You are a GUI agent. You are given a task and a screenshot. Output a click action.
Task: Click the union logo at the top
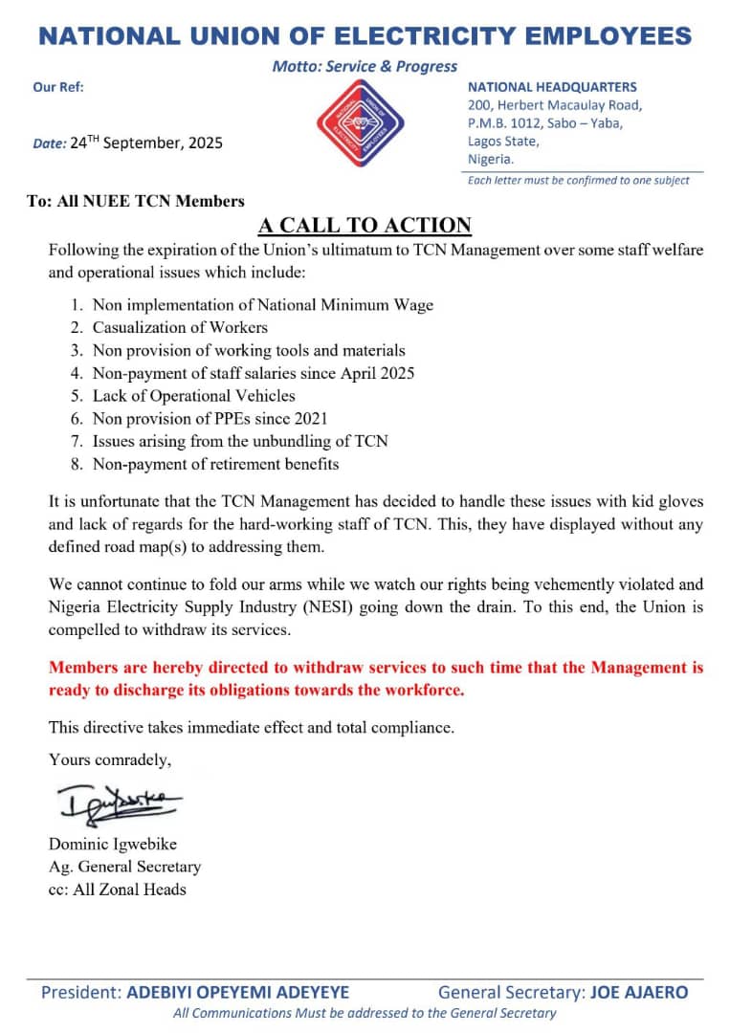(360, 122)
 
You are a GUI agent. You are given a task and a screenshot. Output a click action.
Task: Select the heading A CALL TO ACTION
(365, 226)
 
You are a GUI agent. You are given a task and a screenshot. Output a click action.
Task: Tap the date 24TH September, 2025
(146, 143)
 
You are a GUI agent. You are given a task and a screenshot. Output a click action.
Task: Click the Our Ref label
(58, 86)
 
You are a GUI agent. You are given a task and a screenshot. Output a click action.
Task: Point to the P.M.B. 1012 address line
(545, 123)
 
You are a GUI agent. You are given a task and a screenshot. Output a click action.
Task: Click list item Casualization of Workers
(180, 327)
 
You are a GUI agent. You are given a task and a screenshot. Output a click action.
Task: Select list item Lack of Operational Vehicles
(193, 396)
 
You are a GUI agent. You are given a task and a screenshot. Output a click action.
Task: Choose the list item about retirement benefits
(215, 465)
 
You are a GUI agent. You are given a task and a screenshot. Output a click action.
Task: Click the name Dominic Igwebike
(113, 845)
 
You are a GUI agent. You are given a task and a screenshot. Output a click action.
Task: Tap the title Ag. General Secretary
(124, 867)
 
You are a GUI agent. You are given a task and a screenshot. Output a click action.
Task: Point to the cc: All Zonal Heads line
(118, 890)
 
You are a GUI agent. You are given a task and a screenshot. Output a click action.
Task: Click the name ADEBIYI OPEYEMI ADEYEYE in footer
(238, 993)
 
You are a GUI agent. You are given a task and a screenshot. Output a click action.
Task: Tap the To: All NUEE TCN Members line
(136, 201)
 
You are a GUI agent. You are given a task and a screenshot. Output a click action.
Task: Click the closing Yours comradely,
(110, 760)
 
